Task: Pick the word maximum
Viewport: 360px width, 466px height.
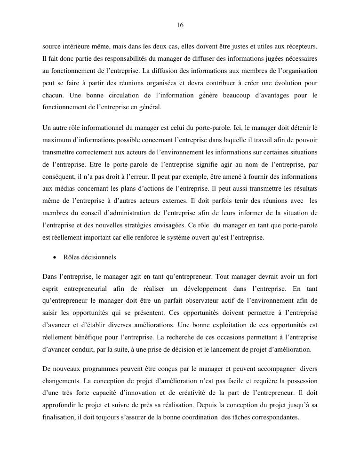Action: [x=55, y=140]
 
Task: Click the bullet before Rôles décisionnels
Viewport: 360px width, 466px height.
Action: [x=55, y=258]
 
